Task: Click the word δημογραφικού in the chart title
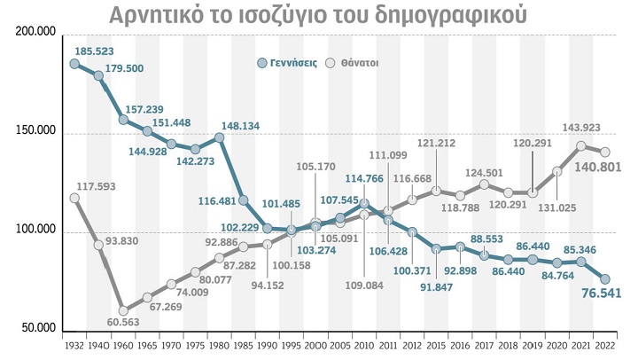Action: [443, 16]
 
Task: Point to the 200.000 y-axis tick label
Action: [35, 33]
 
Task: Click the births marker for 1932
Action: [74, 64]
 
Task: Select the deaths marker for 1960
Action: [123, 310]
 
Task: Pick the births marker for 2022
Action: [605, 279]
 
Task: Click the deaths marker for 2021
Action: [581, 146]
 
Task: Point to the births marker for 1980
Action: [219, 137]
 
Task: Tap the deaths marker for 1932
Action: [74, 198]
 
